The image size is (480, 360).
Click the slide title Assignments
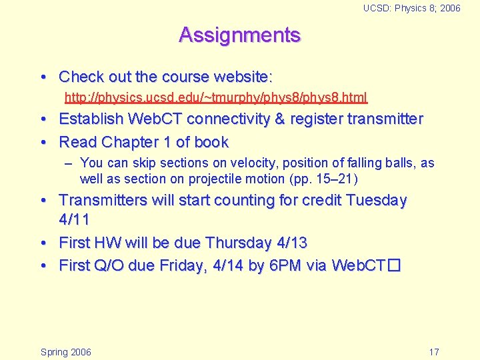[239, 35]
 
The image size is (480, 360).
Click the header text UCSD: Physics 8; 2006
[411, 8]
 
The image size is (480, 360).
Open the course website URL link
[215, 98]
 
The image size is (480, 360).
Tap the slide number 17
[433, 352]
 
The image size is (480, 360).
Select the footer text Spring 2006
[66, 352]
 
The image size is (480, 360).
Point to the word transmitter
[385, 119]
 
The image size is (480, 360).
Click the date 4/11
[74, 219]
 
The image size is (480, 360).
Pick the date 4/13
[290, 243]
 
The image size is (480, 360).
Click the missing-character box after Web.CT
[393, 265]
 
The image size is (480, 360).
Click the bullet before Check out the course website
[44, 77]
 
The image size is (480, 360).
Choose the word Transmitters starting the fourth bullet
[104, 200]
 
